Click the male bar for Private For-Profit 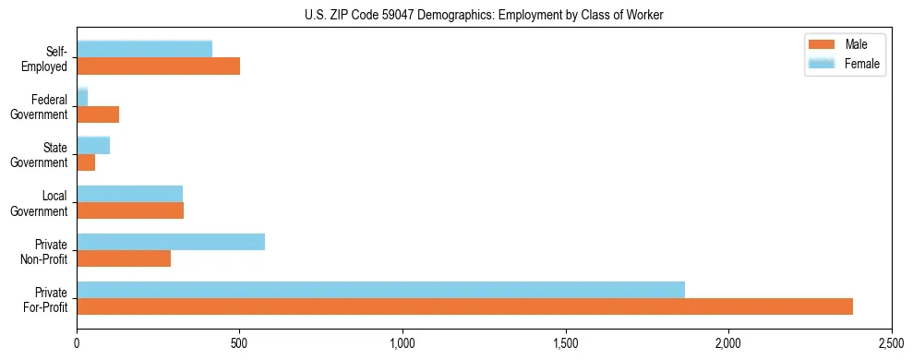pos(464,306)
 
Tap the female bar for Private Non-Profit pos(171,242)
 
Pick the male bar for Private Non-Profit pos(124,258)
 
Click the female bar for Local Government pos(129,194)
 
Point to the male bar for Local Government pos(130,210)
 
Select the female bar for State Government pos(93,145)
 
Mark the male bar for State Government pos(86,162)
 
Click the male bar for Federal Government pos(98,114)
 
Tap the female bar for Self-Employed pos(144,49)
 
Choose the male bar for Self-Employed pos(158,66)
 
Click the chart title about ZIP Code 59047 pos(484,15)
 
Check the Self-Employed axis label pos(44,59)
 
